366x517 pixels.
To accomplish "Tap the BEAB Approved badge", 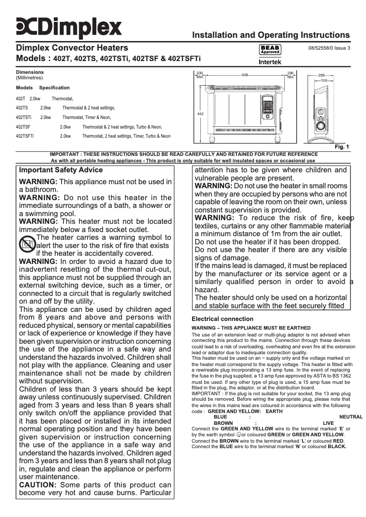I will (x=270, y=50).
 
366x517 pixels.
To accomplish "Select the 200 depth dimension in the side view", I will (x=321, y=75).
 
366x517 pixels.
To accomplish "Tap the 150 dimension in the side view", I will (x=324, y=80).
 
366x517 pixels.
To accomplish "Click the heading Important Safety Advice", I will (x=61, y=170).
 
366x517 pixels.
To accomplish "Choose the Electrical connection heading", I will (x=222, y=319).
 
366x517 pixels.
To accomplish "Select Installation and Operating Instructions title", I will (x=271, y=35).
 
